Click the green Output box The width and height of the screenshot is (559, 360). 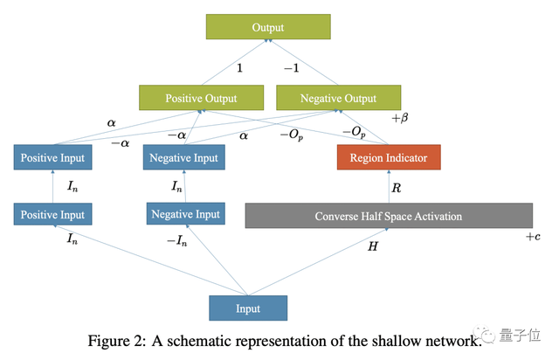tap(268, 27)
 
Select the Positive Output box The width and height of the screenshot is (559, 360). tap(202, 98)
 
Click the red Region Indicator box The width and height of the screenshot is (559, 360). tap(389, 157)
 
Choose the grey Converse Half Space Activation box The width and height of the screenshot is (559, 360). tap(388, 216)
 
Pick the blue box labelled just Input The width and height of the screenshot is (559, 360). tap(248, 308)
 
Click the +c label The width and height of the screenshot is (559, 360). tap(533, 237)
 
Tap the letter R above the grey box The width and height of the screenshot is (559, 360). tap(397, 186)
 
